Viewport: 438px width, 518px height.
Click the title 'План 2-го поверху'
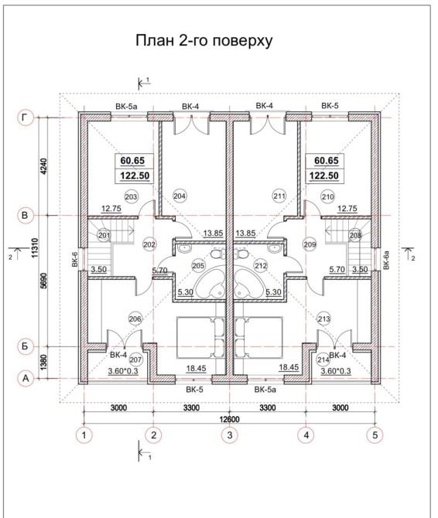[x=204, y=40]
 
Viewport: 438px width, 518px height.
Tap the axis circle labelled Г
[x=26, y=118]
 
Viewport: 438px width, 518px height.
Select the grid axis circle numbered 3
[x=230, y=435]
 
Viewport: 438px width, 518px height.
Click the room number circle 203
[x=132, y=197]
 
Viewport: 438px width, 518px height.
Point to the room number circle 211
[x=279, y=196]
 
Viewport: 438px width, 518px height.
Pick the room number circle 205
[x=198, y=266]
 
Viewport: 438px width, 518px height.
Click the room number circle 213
[x=323, y=319]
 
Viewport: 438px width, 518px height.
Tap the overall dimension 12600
[x=229, y=419]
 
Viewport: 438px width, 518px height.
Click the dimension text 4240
[x=44, y=167]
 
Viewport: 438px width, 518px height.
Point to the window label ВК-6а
[x=387, y=261]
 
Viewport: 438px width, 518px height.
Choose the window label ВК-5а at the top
[x=126, y=107]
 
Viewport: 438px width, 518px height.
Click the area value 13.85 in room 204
[x=213, y=233]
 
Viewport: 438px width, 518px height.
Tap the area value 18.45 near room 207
[x=196, y=368]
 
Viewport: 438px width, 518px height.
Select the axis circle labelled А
[x=26, y=379]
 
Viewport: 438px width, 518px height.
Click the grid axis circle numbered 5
[x=375, y=435]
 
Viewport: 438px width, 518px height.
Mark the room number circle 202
[x=149, y=245]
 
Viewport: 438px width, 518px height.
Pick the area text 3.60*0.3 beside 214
[x=336, y=371]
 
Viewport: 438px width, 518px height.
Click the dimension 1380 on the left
[x=44, y=363]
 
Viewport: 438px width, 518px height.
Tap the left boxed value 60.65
[x=132, y=161]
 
